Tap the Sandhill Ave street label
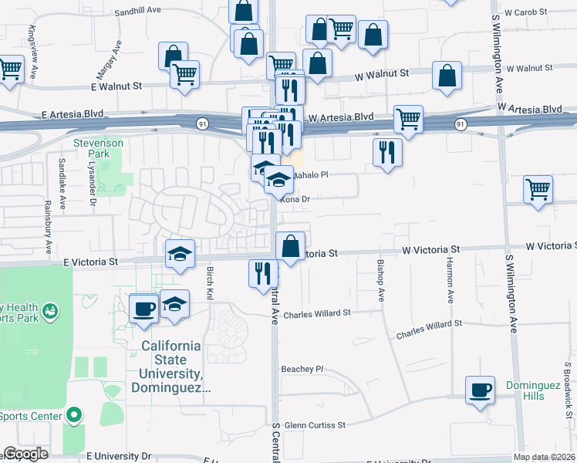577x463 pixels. tap(137, 12)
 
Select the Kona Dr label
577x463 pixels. tap(294, 199)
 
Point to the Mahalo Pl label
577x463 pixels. tap(309, 175)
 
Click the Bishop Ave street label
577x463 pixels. tap(380, 280)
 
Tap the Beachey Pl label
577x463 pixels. tap(305, 369)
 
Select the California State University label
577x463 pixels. tap(170, 367)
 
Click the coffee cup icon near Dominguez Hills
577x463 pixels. tap(480, 389)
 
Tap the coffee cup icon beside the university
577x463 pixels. tap(143, 309)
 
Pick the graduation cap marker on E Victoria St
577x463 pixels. tap(180, 253)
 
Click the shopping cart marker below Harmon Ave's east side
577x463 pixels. tap(538, 189)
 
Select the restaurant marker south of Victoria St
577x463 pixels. tap(263, 272)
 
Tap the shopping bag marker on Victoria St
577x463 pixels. tap(290, 247)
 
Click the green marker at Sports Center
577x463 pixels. tap(74, 416)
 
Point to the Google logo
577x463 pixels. tap(25, 454)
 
